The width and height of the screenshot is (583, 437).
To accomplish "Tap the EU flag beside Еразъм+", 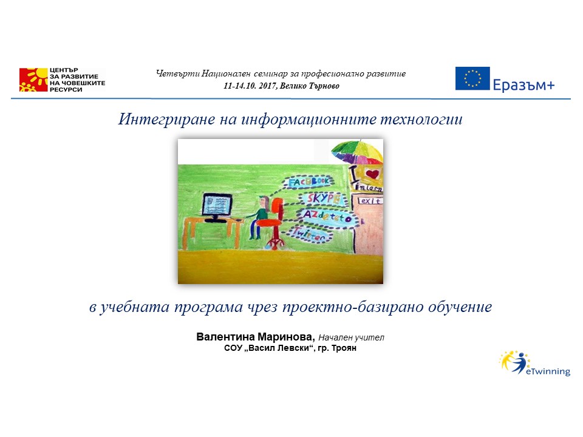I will click(x=472, y=79).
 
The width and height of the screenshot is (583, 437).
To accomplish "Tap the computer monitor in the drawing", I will click(x=216, y=205).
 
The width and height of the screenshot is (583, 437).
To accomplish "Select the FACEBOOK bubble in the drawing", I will click(x=309, y=181).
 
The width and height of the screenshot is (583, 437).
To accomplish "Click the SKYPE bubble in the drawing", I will click(x=322, y=198).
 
